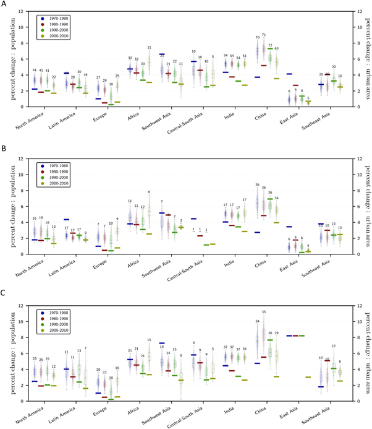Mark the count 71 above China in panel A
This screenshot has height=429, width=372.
264,35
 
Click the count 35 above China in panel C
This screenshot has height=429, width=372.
264,312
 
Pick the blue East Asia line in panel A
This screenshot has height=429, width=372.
289,74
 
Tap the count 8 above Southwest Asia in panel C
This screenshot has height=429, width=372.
181,355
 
